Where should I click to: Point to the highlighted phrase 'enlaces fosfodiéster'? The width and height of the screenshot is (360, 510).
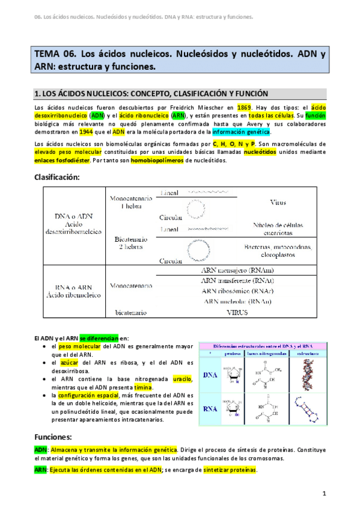(x=59, y=161)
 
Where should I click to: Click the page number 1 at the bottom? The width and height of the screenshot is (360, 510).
(x=324, y=494)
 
